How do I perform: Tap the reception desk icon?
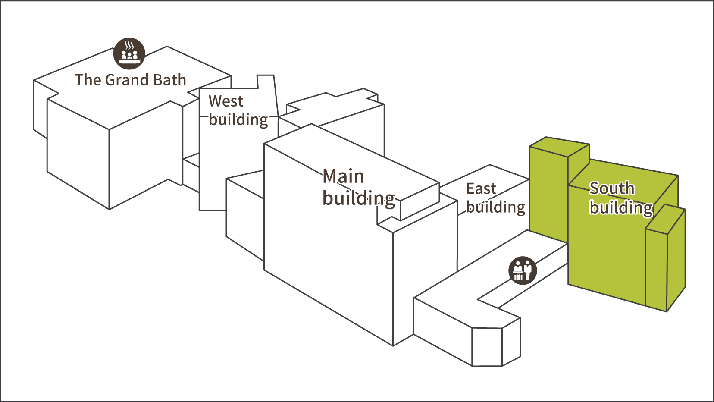[523, 270]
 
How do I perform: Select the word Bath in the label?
[169, 80]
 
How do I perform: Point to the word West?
[226, 101]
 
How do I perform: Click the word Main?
[344, 177]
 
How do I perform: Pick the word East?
[481, 189]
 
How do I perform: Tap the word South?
[612, 188]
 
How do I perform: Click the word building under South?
[621, 208]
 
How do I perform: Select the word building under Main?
[359, 198]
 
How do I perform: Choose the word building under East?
[496, 207]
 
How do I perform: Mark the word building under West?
[238, 120]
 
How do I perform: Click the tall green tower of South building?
[548, 194]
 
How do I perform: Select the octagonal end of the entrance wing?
[496, 345]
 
